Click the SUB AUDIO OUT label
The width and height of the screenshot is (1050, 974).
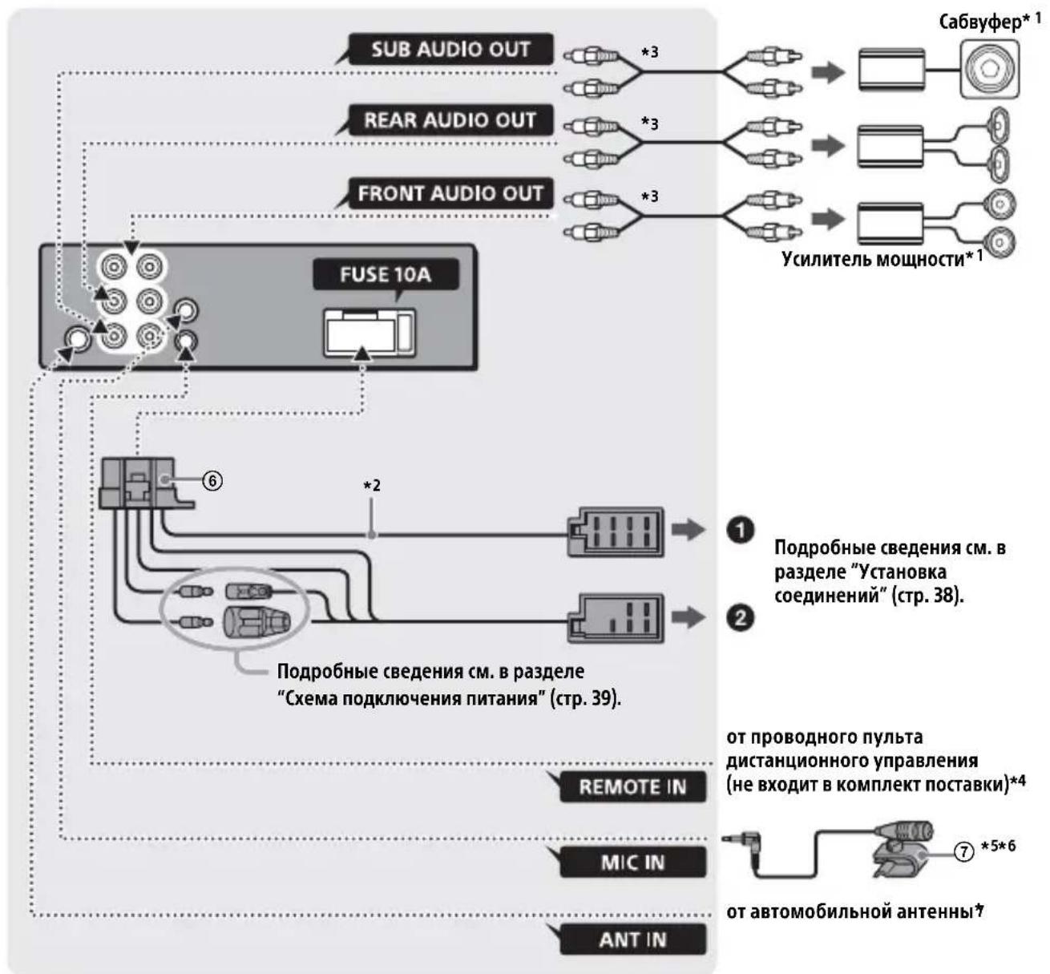tap(450, 49)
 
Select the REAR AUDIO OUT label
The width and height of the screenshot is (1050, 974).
tap(450, 120)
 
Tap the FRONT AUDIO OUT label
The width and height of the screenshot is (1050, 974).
tap(450, 193)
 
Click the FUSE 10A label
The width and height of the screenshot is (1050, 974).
tap(386, 274)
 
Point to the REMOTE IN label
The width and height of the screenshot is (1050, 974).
tap(633, 786)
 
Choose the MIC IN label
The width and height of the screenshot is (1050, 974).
tap(633, 863)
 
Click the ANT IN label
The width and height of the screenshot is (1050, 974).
tap(633, 940)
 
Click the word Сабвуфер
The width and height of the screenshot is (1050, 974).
tap(980, 22)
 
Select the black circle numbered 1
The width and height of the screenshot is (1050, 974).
tap(740, 530)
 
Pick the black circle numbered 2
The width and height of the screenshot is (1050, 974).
tap(740, 617)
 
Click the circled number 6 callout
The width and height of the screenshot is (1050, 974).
tap(212, 481)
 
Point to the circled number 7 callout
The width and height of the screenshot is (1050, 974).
tap(963, 851)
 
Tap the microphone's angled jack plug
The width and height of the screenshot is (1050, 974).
tap(744, 840)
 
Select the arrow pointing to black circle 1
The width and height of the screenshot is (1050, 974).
tap(689, 530)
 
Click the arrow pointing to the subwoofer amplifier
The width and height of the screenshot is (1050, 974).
tap(829, 72)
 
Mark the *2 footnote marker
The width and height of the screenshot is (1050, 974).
tap(372, 486)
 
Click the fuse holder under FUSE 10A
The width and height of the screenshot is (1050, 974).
tap(370, 333)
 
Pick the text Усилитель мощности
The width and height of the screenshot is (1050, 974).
tap(873, 260)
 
